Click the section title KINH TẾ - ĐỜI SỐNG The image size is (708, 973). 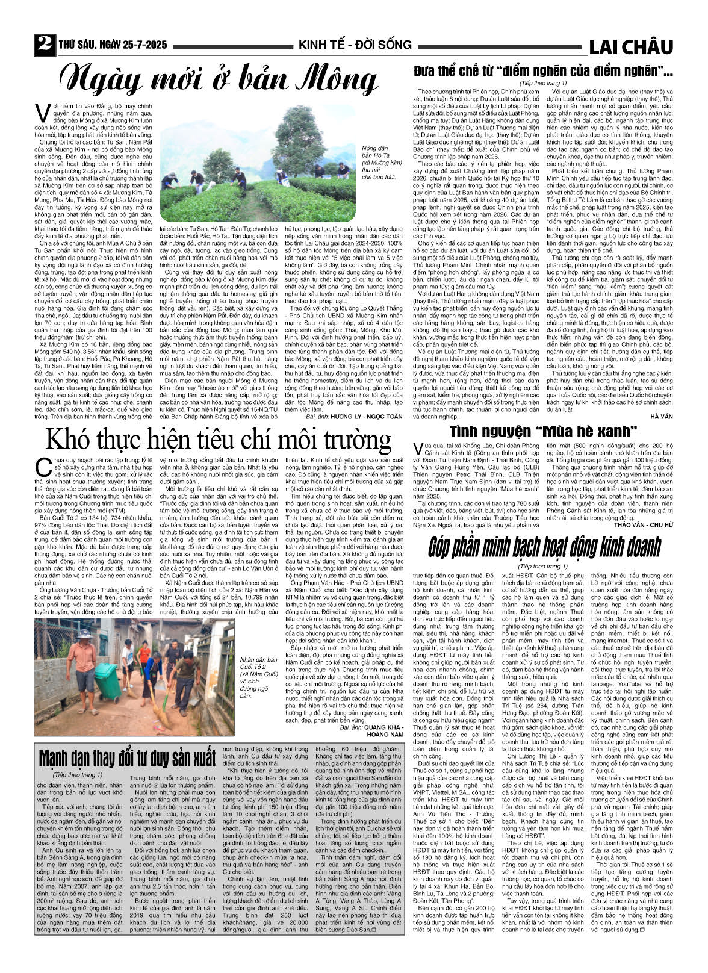tap(355, 45)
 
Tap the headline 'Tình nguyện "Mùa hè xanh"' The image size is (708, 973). tap(544, 431)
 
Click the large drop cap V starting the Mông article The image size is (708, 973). tap(42, 113)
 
